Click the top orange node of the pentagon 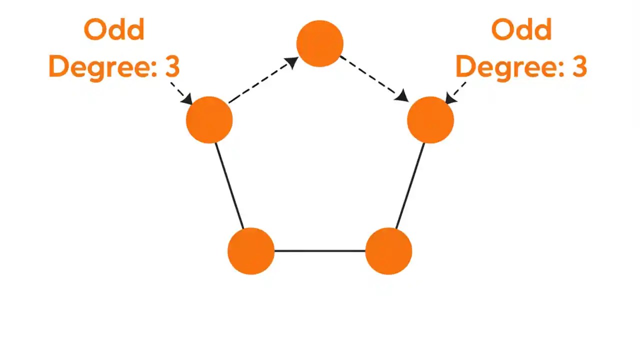click(320, 43)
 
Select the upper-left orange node click(209, 120)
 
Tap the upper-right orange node click(430, 120)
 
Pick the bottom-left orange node click(251, 251)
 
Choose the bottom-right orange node click(388, 251)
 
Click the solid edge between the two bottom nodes click(320, 251)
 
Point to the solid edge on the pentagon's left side click(229, 185)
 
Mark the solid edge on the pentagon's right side click(410, 185)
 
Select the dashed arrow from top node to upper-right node click(372, 77)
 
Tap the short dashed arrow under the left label click(181, 92)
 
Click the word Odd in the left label click(114, 30)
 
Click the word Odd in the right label click(521, 30)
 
